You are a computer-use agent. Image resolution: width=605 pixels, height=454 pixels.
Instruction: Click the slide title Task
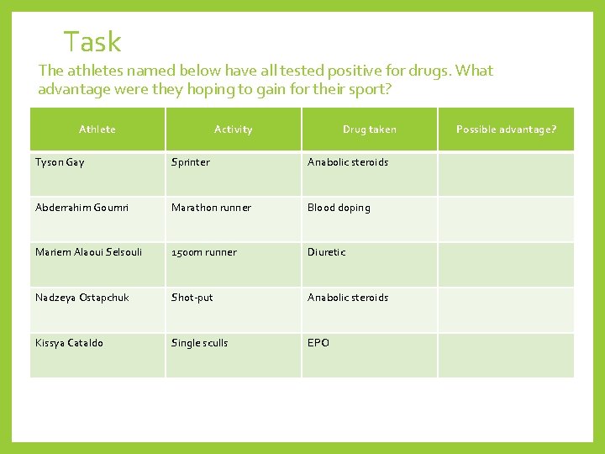pos(92,41)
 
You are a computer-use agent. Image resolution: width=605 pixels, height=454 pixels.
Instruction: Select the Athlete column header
pos(97,129)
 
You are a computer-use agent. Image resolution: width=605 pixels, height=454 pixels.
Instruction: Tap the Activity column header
pos(233,129)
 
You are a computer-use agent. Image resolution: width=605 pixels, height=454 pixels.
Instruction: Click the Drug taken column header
pos(369,129)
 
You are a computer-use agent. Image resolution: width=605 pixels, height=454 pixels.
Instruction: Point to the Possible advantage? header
pos(506,129)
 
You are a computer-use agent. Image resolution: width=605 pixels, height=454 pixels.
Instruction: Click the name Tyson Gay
pos(60,162)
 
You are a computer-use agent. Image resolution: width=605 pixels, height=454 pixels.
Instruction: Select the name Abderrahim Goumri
pos(82,208)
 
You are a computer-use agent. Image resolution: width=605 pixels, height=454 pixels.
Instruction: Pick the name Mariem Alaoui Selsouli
pos(88,252)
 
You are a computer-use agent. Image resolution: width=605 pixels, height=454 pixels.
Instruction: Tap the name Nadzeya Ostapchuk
pos(82,298)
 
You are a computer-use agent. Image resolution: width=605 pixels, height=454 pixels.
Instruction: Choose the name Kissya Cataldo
pos(69,343)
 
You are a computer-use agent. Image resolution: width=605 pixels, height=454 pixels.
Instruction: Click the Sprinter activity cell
pos(191,162)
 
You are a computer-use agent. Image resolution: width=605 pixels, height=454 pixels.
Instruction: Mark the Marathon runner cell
pos(211,208)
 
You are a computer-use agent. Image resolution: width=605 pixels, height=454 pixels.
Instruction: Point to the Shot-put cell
pos(192,298)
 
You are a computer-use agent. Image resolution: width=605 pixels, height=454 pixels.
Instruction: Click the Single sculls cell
pos(199,343)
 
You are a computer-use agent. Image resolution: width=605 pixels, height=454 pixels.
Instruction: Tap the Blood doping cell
pos(339,208)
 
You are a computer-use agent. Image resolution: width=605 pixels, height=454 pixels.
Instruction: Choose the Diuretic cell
pos(326,252)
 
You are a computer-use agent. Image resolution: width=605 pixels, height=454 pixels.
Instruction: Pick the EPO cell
pos(318,343)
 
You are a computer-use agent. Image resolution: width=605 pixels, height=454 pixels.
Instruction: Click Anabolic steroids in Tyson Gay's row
pos(348,162)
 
